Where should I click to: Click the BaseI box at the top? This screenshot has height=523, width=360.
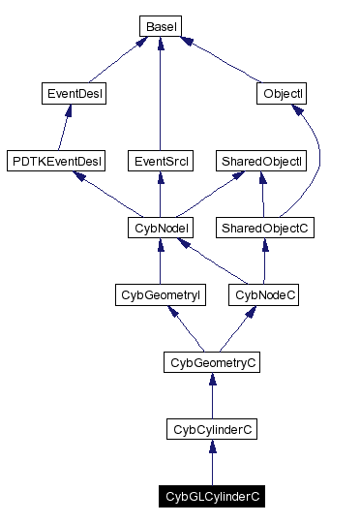(159, 26)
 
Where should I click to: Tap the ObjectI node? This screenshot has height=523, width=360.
(282, 94)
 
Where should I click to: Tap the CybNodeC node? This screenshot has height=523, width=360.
(264, 294)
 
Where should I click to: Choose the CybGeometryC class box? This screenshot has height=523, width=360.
(212, 362)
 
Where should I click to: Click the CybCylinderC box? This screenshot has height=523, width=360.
(212, 428)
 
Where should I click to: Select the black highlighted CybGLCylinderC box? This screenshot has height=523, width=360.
(212, 496)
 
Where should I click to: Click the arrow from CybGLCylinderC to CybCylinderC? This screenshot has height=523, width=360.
(212, 462)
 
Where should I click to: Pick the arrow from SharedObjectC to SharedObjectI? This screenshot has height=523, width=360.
(263, 195)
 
